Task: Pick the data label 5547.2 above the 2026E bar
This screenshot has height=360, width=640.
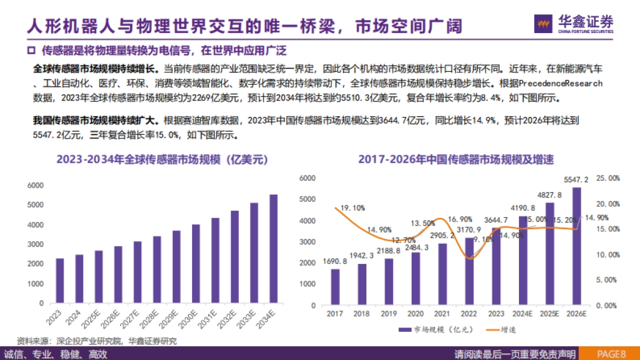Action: [577, 180]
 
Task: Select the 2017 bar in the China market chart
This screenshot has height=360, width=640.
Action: [335, 287]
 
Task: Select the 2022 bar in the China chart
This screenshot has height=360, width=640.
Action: [469, 271]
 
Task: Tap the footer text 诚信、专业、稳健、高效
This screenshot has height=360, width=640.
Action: [55, 354]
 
